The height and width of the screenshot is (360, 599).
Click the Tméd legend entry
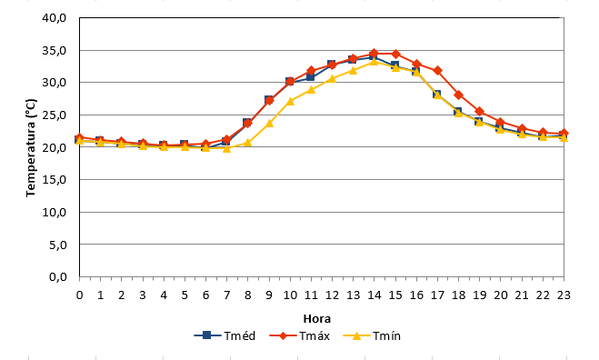(225, 336)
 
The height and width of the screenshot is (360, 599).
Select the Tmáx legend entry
(300, 336)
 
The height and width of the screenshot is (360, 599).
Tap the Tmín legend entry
(372, 336)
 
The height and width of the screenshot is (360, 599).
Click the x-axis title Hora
(317, 319)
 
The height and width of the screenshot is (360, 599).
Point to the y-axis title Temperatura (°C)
(31, 148)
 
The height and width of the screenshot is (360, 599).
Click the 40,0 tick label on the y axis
(55, 18)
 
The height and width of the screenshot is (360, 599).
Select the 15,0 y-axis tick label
(55, 180)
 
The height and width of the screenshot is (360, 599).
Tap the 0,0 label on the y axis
(57, 276)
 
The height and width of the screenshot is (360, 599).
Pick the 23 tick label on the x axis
(564, 295)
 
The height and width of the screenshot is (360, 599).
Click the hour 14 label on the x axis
(374, 295)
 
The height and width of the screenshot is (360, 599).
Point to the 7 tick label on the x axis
(227, 295)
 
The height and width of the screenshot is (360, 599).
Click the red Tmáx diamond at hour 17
(438, 71)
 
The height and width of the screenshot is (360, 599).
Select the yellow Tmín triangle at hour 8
(247, 143)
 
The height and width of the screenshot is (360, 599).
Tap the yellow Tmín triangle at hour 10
(290, 101)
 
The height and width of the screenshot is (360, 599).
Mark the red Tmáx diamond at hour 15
(395, 54)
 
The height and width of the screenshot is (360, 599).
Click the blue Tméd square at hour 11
(310, 76)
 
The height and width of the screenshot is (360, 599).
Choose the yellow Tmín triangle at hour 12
(332, 79)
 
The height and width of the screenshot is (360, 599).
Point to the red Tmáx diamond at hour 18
(459, 95)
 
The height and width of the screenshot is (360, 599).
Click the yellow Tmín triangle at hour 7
(227, 148)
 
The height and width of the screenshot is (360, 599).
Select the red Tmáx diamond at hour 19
(480, 112)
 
